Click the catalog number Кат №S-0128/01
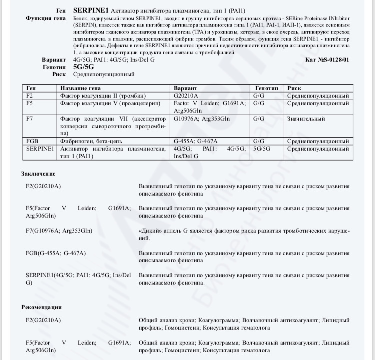coord(327,60)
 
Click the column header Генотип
coord(266,88)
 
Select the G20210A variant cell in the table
coord(186,95)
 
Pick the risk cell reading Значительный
coord(306,119)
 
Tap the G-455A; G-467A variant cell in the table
coord(196,142)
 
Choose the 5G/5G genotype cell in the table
coord(262,149)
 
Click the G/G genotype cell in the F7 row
coord(259,119)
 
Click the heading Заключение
coord(38,174)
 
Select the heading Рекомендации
coord(41,307)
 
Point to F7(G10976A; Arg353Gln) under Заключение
coord(59,231)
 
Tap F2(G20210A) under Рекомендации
coord(43,320)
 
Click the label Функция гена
coord(45,18)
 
